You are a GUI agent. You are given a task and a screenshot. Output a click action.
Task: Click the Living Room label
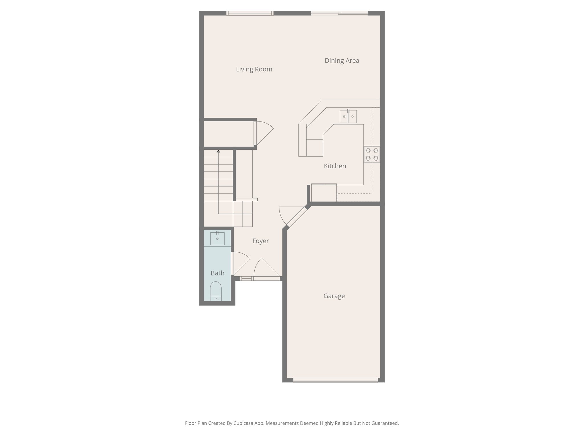coord(254,69)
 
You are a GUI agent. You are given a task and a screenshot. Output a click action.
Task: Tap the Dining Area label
coord(342,60)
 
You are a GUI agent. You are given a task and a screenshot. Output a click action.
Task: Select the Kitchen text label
coord(335,166)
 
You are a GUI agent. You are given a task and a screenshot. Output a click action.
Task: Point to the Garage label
coord(334,296)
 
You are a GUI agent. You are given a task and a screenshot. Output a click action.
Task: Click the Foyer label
coord(260,241)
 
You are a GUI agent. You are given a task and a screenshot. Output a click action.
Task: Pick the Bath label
coord(217,273)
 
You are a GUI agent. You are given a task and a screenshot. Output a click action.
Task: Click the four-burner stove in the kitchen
coord(372,154)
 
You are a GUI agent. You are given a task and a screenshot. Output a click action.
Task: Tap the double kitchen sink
coord(348,116)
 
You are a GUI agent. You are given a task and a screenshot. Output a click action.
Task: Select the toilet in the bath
coord(216,290)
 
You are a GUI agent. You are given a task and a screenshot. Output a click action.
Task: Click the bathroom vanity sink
coord(217,238)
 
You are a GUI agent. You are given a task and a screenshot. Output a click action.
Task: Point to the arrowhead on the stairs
coord(218,151)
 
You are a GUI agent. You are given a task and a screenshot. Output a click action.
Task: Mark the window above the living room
coord(250,13)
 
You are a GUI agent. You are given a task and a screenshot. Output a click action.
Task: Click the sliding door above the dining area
coord(339,13)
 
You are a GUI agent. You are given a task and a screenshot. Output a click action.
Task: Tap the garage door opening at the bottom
coord(335,380)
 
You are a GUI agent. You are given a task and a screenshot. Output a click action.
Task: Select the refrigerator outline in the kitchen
coord(324,192)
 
